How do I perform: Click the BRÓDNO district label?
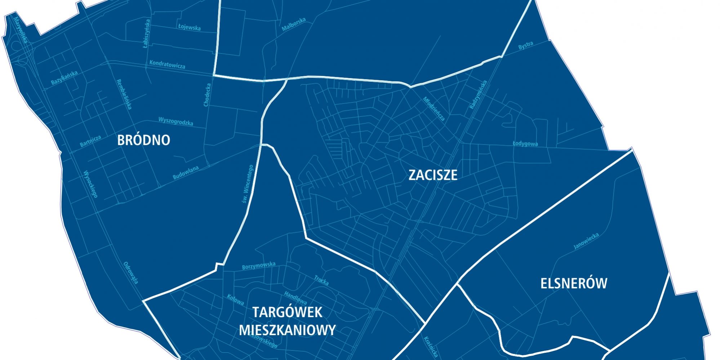(143, 140)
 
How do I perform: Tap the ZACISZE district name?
(433, 175)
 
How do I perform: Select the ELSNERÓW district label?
(574, 283)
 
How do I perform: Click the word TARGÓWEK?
(287, 312)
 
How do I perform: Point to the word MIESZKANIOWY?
(287, 330)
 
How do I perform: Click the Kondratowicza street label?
(167, 64)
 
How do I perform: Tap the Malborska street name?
(294, 25)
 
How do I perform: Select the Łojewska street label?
(189, 27)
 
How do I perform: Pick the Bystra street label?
(525, 46)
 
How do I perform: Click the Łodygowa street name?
(525, 143)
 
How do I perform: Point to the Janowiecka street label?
(586, 241)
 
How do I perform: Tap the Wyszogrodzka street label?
(175, 121)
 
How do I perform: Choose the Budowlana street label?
(186, 173)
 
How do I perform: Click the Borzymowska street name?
(259, 266)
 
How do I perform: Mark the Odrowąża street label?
(131, 273)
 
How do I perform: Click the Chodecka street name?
(207, 95)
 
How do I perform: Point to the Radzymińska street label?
(478, 94)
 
